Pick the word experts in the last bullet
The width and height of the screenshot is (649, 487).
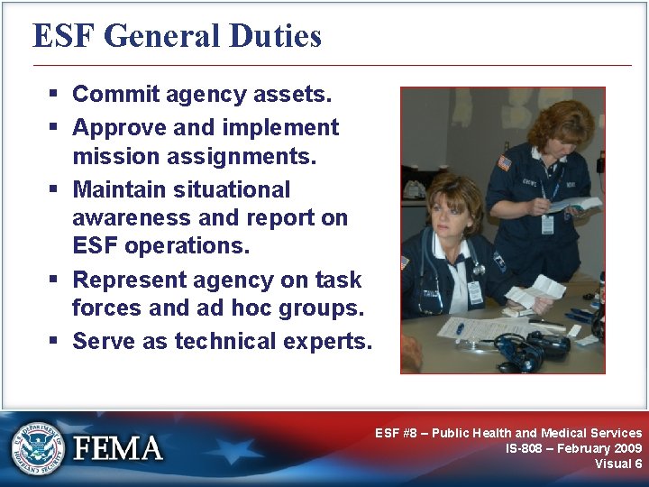click(327, 341)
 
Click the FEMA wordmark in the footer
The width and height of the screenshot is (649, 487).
click(118, 448)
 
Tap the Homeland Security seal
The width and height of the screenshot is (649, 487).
click(38, 448)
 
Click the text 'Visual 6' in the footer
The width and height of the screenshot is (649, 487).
click(618, 464)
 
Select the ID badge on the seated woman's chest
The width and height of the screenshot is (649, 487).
click(474, 292)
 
